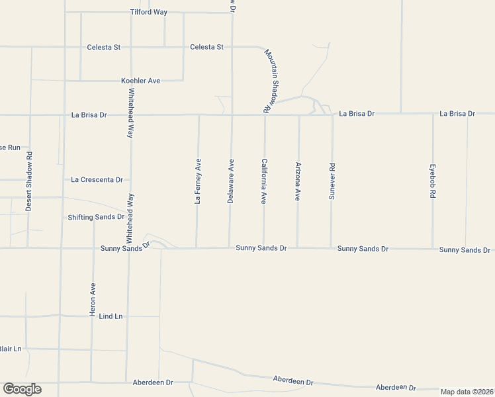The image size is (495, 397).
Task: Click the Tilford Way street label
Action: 149,12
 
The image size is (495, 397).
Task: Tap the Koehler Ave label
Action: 140,81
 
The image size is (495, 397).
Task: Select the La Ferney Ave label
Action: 197,181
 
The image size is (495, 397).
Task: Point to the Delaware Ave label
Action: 231,181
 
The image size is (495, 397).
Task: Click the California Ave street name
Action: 264,181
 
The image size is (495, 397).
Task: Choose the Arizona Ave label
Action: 298,182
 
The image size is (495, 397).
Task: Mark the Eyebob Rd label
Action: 433,182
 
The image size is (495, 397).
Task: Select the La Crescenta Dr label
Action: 97,179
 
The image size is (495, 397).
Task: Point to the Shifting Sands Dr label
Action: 96,217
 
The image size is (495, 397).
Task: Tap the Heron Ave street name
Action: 93,299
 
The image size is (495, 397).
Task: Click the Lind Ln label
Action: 111,316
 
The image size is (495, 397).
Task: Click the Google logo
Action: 22,389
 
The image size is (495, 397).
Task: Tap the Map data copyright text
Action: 467,392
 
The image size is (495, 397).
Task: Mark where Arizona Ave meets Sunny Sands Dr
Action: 297,247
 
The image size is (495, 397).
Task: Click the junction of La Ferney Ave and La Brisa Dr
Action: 199,114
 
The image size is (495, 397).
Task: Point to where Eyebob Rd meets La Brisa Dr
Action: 433,114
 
